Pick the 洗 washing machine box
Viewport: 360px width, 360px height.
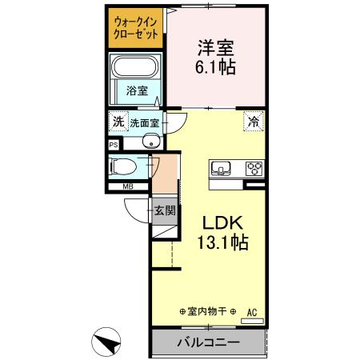point(118,122)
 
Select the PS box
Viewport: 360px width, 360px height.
point(114,145)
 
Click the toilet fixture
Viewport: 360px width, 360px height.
point(126,167)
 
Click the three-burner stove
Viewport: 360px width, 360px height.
point(254,168)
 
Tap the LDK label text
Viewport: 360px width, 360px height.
point(215,222)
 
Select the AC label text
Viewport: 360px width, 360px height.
point(252,311)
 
